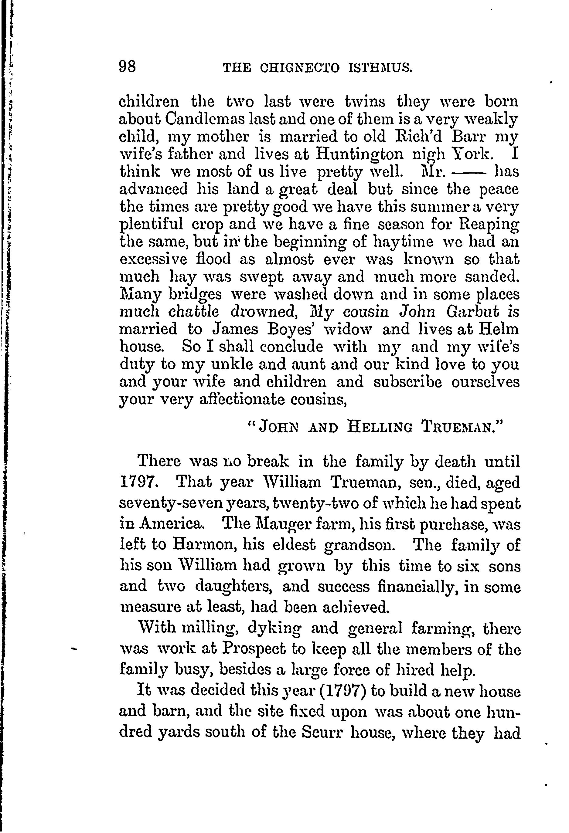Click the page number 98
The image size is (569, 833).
pyautogui.click(x=127, y=67)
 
